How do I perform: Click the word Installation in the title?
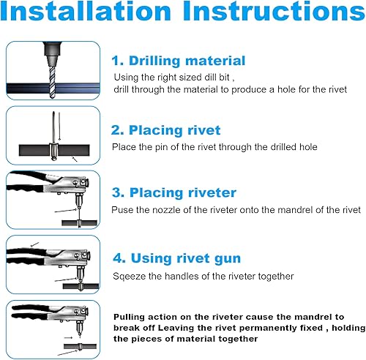[86, 10]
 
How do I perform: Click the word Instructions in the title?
[274, 10]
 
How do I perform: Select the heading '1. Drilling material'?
[179, 61]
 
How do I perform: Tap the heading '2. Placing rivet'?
[165, 130]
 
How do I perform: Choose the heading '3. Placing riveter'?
[174, 193]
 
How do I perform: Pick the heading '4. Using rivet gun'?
[177, 258]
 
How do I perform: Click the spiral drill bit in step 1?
[52, 82]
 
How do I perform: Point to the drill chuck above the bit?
[52, 53]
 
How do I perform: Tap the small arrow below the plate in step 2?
[75, 159]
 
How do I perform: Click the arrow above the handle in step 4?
[35, 244]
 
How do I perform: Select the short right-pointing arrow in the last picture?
[69, 338]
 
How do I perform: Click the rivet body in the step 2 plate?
[53, 151]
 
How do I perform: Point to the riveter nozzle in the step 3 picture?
[78, 201]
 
